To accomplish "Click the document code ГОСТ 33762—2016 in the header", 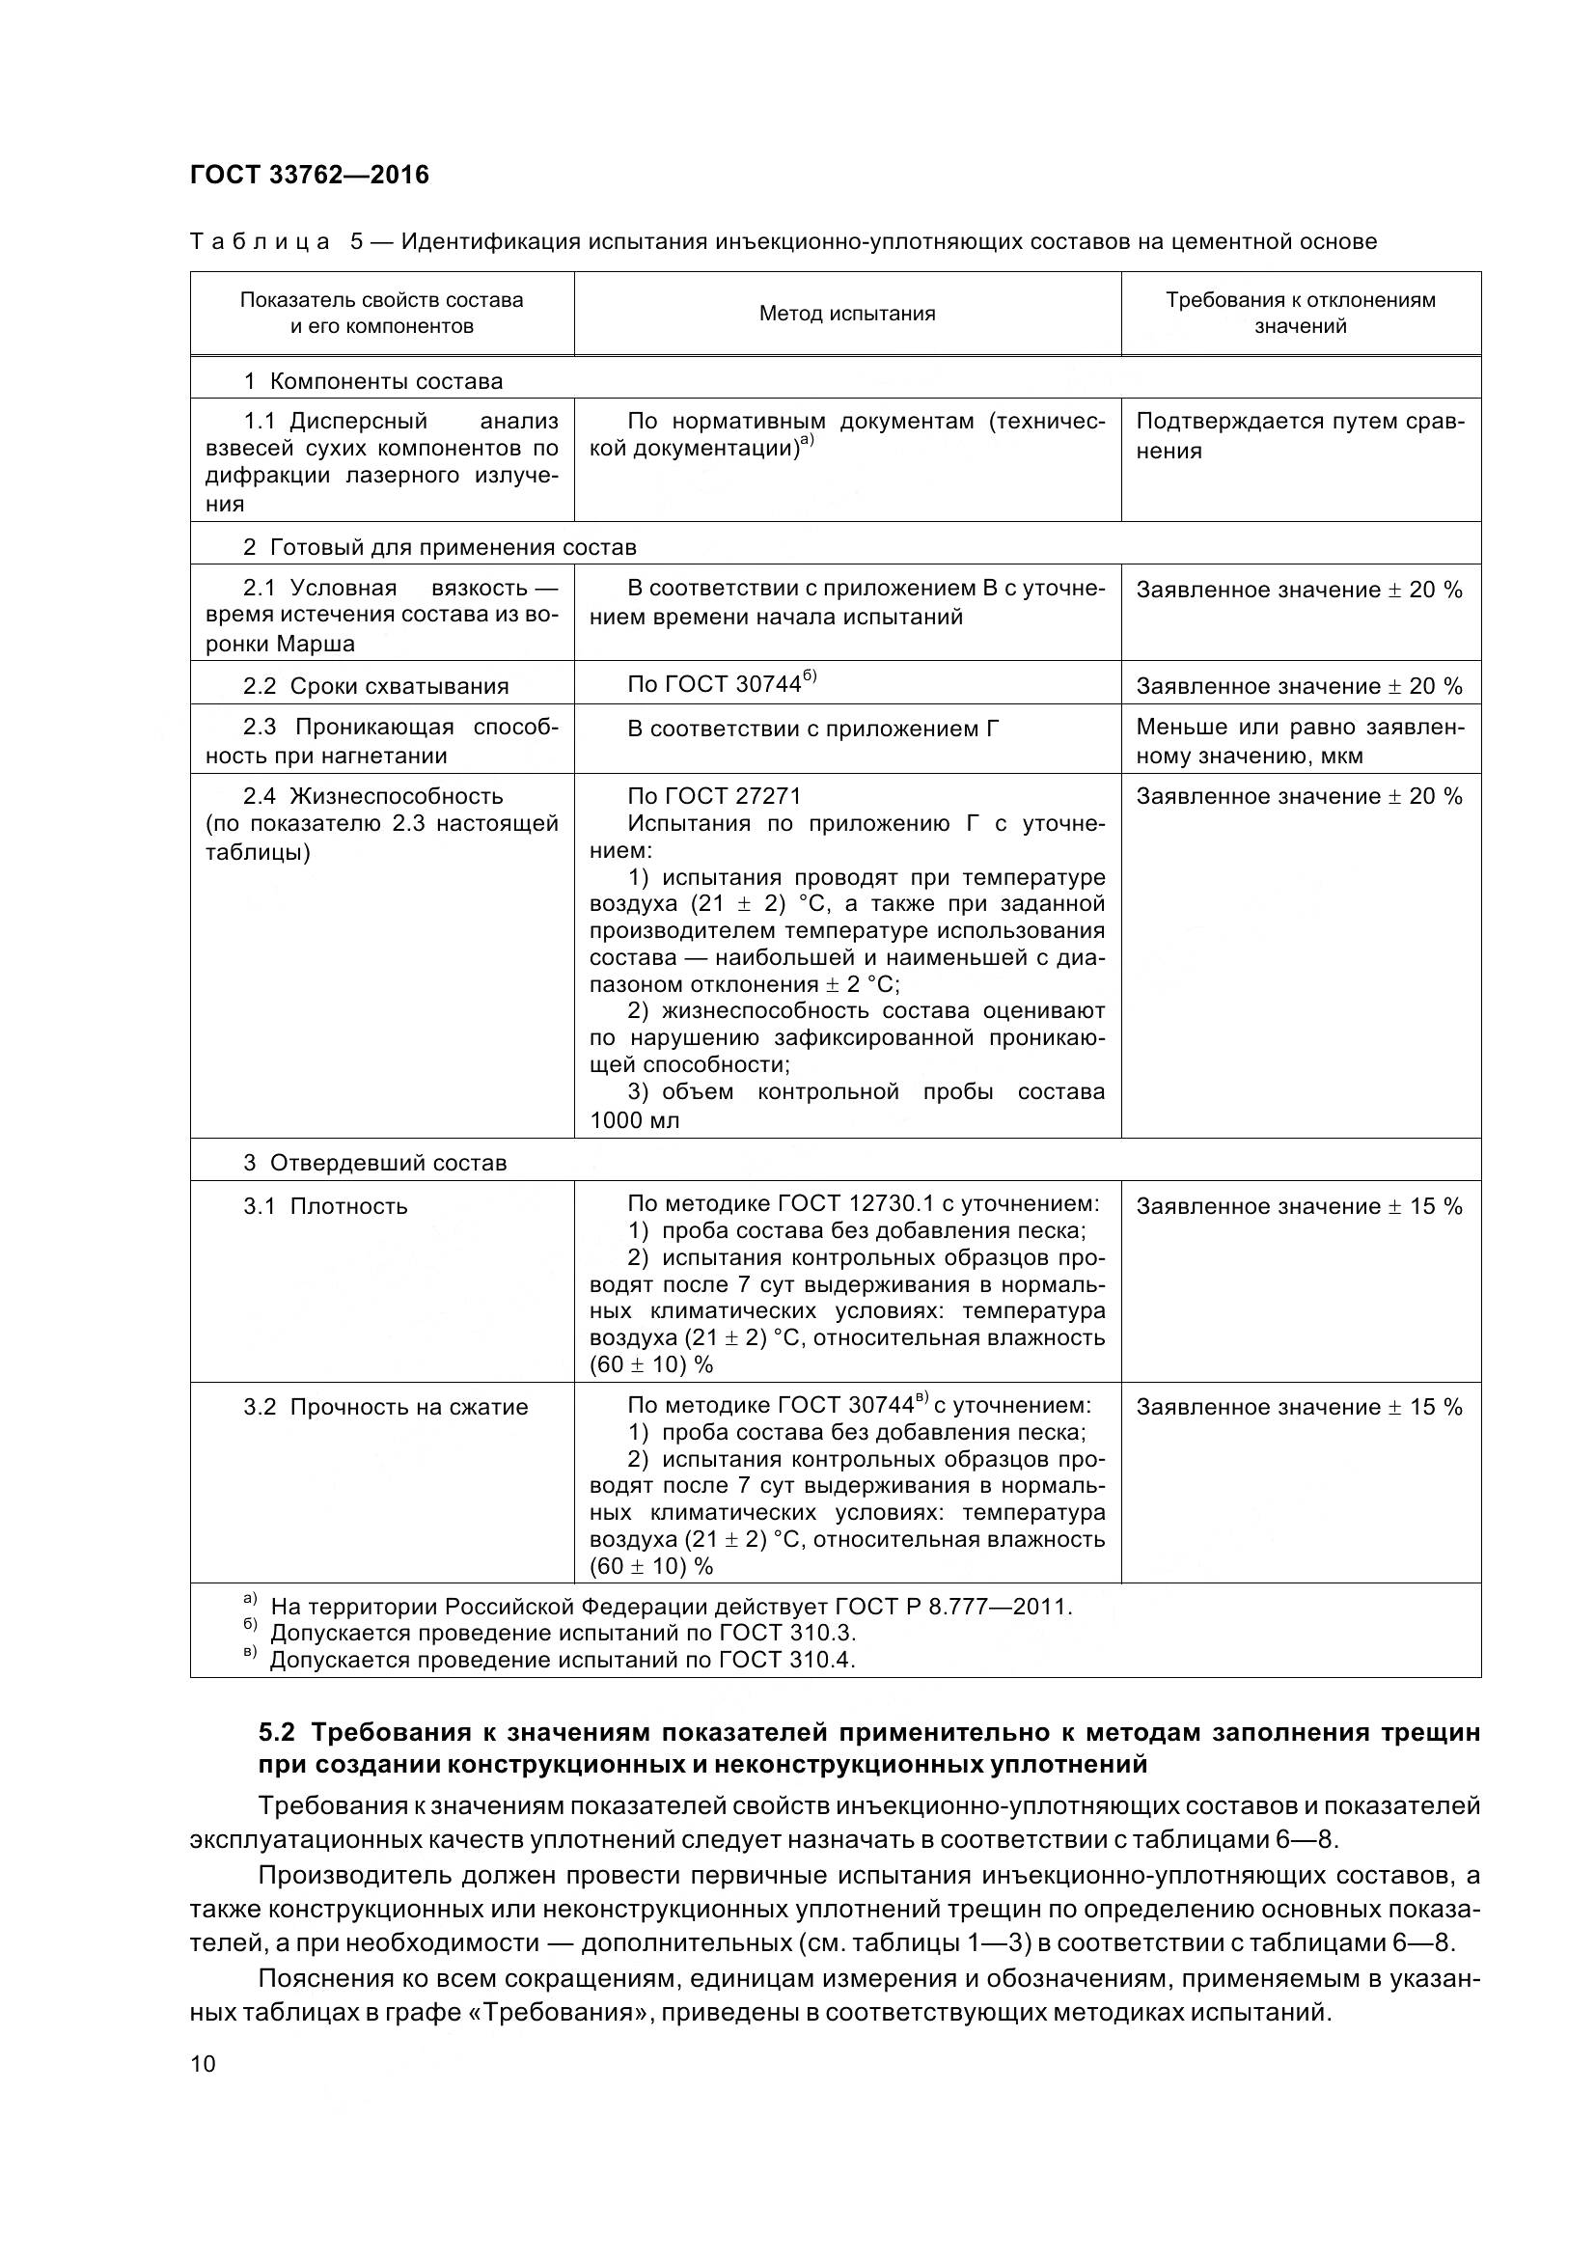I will (x=309, y=175).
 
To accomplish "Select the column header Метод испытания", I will (x=846, y=314).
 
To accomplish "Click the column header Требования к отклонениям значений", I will (x=1299, y=313).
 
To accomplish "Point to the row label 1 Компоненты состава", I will (x=372, y=381).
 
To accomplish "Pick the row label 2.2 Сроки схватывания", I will (x=375, y=686).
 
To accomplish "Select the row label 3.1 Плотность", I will (x=324, y=1206).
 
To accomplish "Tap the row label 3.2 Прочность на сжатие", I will (x=385, y=1407).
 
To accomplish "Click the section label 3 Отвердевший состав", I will (x=374, y=1163).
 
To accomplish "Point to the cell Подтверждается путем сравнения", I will (x=1299, y=435).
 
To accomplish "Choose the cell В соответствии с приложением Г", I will (x=812, y=729).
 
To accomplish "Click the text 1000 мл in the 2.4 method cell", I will (x=634, y=1119).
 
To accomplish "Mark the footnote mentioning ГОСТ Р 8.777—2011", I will (x=671, y=1607).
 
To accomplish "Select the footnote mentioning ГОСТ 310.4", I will (x=563, y=1661).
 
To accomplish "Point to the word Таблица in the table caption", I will (x=261, y=242).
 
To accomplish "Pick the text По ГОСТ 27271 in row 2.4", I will (x=713, y=796).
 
